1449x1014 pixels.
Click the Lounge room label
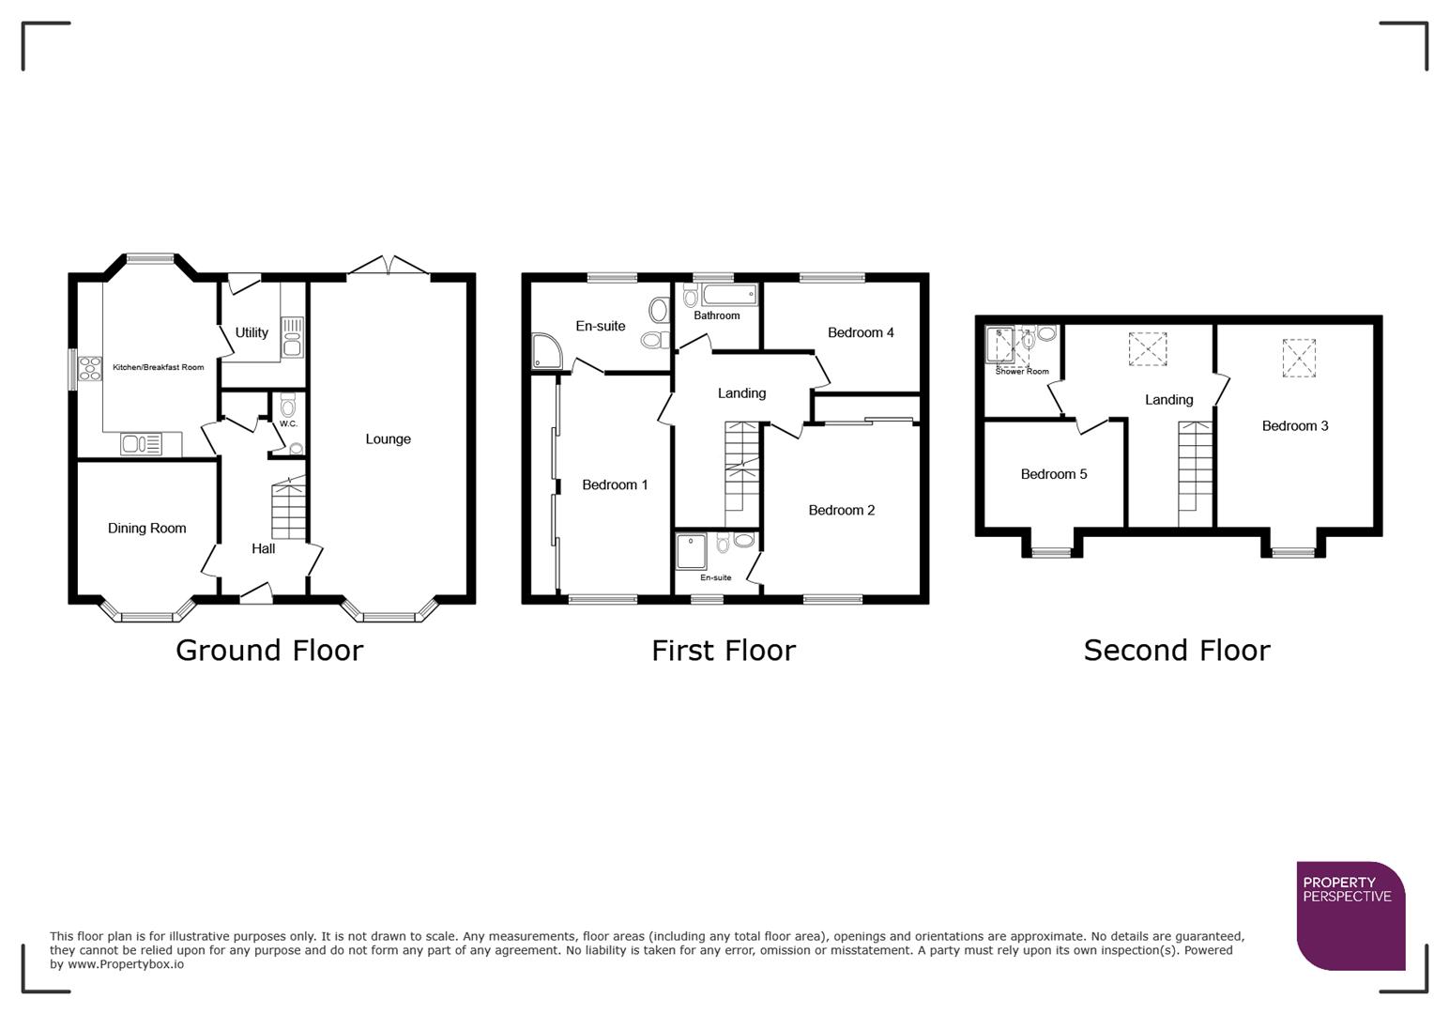tap(388, 438)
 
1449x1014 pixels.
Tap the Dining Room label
tap(146, 528)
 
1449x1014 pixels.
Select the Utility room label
tap(252, 332)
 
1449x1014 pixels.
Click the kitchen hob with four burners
tap(90, 368)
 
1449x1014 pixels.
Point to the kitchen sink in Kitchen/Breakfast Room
tap(141, 443)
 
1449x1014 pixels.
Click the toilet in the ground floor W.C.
tap(287, 406)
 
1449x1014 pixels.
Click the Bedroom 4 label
tap(860, 332)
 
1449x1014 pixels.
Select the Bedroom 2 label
tap(841, 510)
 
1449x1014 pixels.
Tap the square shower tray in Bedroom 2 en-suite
tap(692, 551)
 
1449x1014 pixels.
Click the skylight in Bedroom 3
tap(1299, 358)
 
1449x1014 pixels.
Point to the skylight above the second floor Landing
tap(1147, 348)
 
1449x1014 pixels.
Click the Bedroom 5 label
tap(1053, 474)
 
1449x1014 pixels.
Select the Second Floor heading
tap(1176, 650)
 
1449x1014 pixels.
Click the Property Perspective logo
tap(1350, 915)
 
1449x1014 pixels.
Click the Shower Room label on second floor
tap(1021, 372)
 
